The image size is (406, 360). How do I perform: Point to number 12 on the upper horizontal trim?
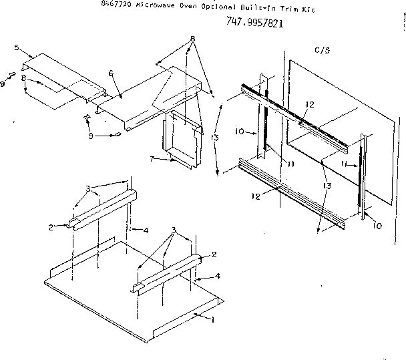(310, 104)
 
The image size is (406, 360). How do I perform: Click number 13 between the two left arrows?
(213, 137)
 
